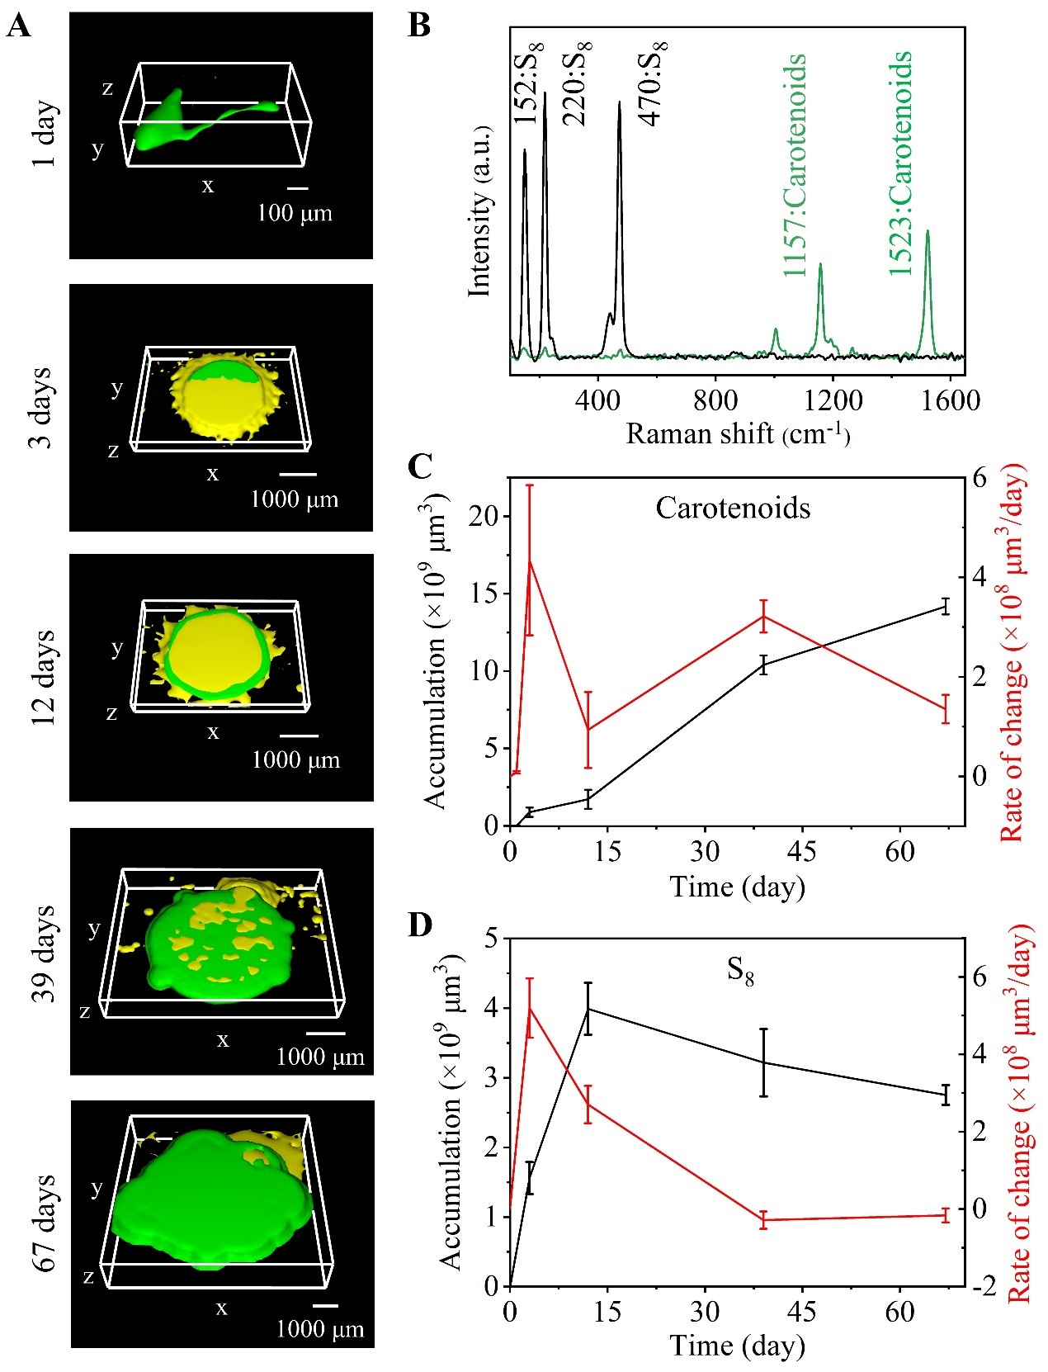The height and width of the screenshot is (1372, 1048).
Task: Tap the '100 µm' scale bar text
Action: (295, 213)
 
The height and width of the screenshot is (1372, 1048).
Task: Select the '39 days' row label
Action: (44, 953)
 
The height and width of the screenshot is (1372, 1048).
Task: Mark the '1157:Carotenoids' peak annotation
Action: (794, 165)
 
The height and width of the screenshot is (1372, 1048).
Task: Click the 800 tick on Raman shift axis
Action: (715, 400)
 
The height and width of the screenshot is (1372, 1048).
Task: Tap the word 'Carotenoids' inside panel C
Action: (733, 508)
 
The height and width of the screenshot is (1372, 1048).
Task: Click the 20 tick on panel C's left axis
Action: (484, 516)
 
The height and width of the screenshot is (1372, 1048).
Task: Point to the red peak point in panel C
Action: (530, 561)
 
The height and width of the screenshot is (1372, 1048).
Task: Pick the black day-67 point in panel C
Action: (946, 607)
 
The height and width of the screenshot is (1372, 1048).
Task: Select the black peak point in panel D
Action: (588, 1008)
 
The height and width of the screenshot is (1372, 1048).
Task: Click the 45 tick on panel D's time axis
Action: (801, 1311)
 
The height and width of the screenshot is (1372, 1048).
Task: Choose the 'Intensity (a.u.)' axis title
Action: (479, 211)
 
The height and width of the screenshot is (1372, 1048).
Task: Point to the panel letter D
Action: (420, 925)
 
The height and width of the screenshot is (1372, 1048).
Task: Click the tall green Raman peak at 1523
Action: (928, 233)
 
